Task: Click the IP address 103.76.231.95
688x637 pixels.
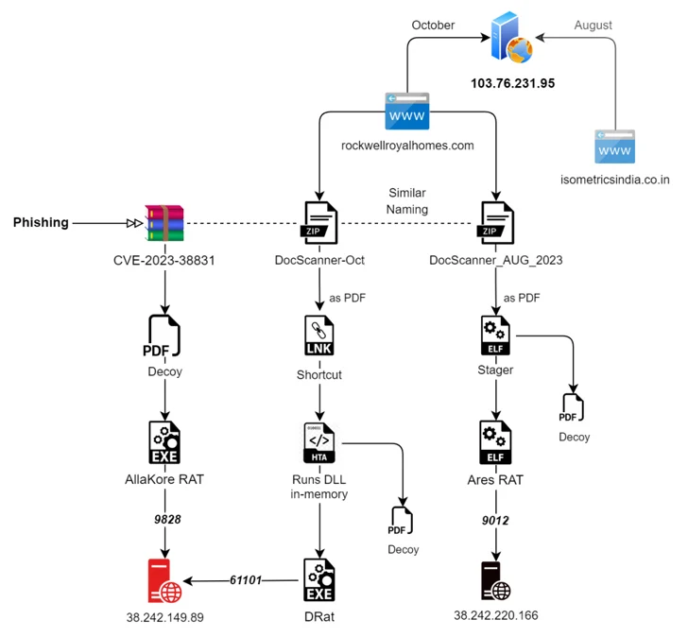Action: pyautogui.click(x=512, y=84)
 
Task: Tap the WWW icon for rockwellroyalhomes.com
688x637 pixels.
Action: pyautogui.click(x=406, y=112)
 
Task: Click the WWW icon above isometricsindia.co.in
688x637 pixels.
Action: pyautogui.click(x=615, y=149)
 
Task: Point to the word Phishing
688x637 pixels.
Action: pyautogui.click(x=41, y=223)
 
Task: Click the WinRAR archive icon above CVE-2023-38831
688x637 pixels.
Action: pyautogui.click(x=164, y=223)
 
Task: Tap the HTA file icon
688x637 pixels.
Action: pyautogui.click(x=320, y=441)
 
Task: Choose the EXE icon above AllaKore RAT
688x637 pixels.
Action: pyautogui.click(x=165, y=441)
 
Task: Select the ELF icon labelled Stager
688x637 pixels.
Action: pyautogui.click(x=496, y=336)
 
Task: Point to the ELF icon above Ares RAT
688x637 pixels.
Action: pyautogui.click(x=496, y=441)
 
